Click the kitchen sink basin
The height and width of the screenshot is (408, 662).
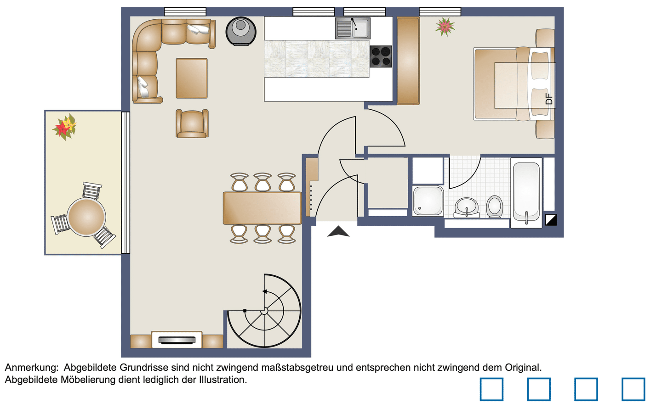click(x=352, y=28)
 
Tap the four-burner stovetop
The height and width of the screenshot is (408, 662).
click(x=381, y=56)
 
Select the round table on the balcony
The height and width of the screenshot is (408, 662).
click(x=86, y=217)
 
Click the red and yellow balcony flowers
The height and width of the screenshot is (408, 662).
click(x=65, y=127)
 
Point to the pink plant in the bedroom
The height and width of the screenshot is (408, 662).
click(x=445, y=27)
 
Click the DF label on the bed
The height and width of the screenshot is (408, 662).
click(x=549, y=99)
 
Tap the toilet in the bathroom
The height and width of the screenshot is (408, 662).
click(x=495, y=207)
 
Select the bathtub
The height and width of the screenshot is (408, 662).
click(x=526, y=193)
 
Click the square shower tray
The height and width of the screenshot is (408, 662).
click(x=428, y=201)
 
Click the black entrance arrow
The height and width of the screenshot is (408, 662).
click(x=338, y=231)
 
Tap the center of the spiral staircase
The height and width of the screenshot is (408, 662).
click(x=264, y=311)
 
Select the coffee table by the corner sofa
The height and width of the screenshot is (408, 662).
click(x=192, y=78)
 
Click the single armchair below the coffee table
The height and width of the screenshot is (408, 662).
click(x=192, y=123)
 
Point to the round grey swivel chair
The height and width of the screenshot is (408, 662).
click(x=240, y=31)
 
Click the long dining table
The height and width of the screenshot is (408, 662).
click(x=262, y=208)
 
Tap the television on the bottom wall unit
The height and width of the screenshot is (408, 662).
click(x=177, y=340)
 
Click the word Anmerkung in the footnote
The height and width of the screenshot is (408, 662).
click(x=32, y=368)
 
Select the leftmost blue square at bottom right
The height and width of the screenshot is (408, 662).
click(x=491, y=389)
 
